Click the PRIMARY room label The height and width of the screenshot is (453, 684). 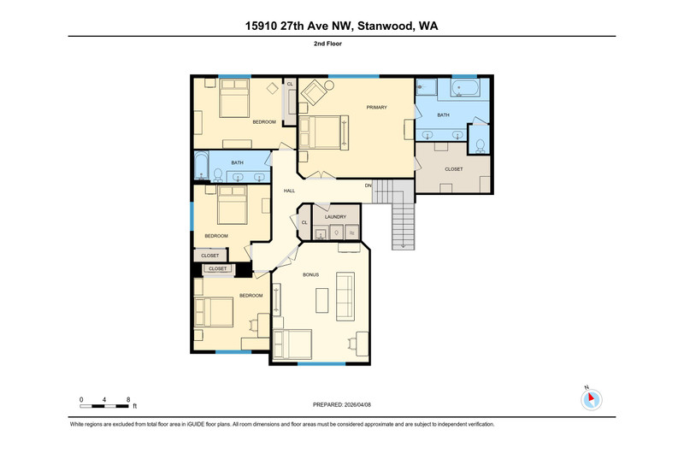tap(376, 107)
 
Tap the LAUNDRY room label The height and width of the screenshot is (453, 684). tap(335, 217)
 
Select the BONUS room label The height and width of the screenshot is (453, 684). tap(310, 274)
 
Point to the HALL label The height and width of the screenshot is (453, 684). tap(289, 191)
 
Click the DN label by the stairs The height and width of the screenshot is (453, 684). tap(369, 185)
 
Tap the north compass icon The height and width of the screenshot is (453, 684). tap(591, 399)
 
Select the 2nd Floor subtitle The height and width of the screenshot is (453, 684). tap(327, 44)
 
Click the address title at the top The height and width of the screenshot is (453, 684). tap(341, 26)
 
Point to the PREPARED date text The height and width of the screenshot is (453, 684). tap(341, 404)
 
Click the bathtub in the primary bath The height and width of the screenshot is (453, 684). tap(465, 88)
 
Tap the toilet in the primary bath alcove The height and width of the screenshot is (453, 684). tap(480, 145)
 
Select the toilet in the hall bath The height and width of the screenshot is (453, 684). tap(218, 175)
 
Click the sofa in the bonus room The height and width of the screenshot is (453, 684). tap(345, 296)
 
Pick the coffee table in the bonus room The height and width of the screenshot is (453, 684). tap(322, 300)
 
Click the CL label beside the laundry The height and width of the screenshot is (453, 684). tap(304, 222)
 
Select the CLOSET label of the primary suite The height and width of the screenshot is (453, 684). tap(454, 169)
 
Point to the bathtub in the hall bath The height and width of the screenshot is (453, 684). tap(201, 166)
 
